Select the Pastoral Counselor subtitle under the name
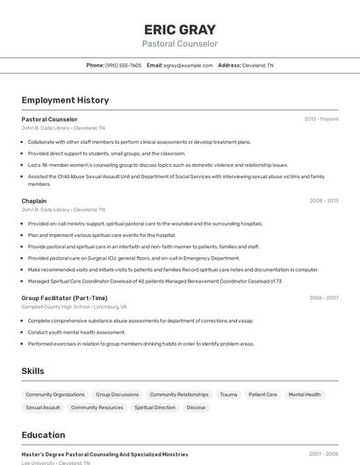point(180,44)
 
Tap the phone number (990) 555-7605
point(123,65)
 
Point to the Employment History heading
point(65,100)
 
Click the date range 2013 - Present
point(320,118)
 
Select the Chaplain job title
point(34,201)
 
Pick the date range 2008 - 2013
point(323,201)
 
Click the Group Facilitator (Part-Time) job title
point(64,297)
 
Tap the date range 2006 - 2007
point(323,297)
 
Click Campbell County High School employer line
point(74,307)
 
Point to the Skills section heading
point(33,371)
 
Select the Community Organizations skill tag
point(55,395)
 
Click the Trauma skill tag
point(228,395)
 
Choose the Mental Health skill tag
point(305,395)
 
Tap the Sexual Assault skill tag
point(43,407)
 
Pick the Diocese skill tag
point(196,407)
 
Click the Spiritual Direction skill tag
point(155,407)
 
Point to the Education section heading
point(43,435)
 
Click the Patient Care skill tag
point(263,395)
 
